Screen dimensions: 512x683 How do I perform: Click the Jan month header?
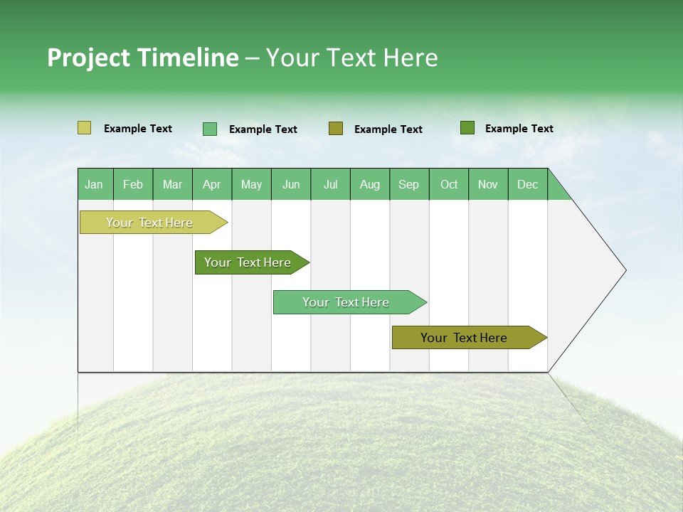pyautogui.click(x=95, y=184)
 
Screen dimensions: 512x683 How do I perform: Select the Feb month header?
pyautogui.click(x=133, y=184)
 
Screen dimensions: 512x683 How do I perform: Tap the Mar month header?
pyautogui.click(x=172, y=184)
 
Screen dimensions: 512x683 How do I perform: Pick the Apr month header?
pyautogui.click(x=212, y=184)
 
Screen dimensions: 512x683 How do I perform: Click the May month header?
pyautogui.click(x=251, y=184)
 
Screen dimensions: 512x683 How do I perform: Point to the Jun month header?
pyautogui.click(x=291, y=184)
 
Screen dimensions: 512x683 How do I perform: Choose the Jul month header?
pyautogui.click(x=330, y=184)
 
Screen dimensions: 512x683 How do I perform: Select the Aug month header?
pyautogui.click(x=370, y=184)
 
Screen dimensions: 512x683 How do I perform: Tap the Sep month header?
pyautogui.click(x=409, y=184)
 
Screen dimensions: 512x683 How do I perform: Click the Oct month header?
pyautogui.click(x=449, y=184)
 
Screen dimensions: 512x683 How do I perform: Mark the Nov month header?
pyautogui.click(x=488, y=184)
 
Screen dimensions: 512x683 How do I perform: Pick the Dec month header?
pyautogui.click(x=528, y=184)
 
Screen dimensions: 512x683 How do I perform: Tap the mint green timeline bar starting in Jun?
pyautogui.click(x=346, y=302)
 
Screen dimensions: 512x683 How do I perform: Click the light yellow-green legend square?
pyautogui.click(x=85, y=128)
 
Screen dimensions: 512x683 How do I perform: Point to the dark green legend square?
pyautogui.click(x=467, y=128)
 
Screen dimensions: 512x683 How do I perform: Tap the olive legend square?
pyautogui.click(x=336, y=129)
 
